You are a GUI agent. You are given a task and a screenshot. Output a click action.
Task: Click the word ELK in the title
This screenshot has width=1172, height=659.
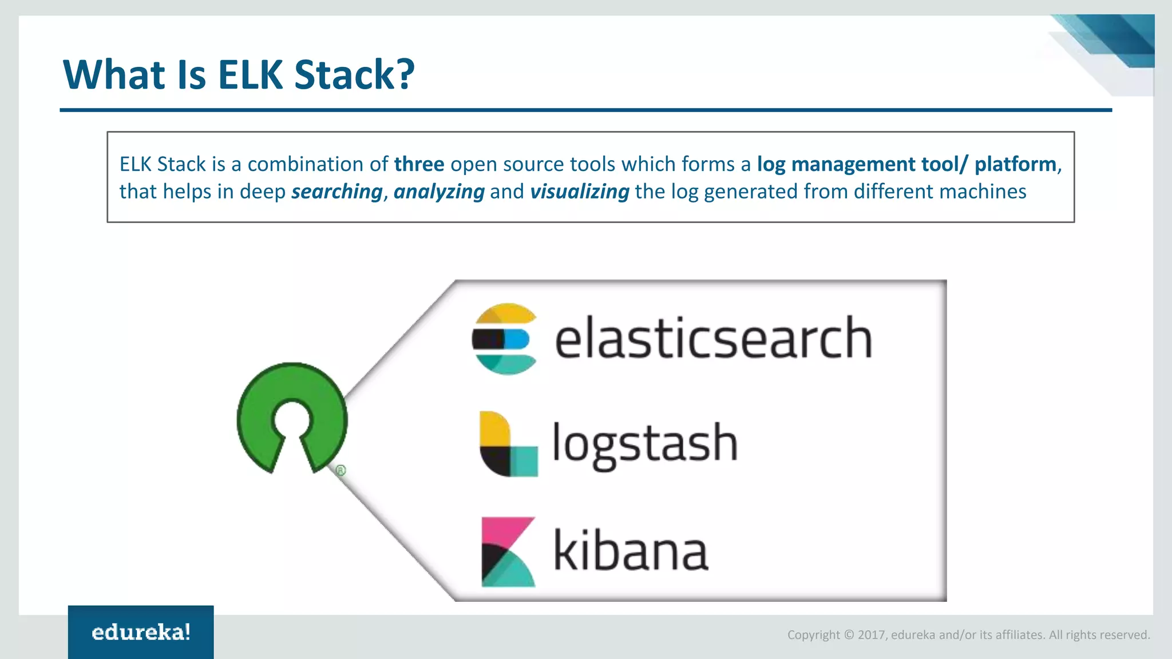point(250,75)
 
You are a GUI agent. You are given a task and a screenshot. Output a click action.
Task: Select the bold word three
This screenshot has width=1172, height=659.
point(419,164)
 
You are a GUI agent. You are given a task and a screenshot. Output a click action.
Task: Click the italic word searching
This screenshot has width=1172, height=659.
point(336,192)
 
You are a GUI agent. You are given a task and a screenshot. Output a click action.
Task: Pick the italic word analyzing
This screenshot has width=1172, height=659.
point(439,192)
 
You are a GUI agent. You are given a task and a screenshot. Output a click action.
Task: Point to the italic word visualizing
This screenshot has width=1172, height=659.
point(579,192)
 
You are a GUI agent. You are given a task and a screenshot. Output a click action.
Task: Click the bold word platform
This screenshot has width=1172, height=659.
point(1015,164)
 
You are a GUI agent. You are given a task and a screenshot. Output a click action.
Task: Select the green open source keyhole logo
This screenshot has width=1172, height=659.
point(292,418)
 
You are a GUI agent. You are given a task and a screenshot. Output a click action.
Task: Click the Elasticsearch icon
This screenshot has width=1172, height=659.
point(505,339)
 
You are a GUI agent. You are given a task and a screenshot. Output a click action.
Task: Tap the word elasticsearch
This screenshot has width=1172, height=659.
point(713,339)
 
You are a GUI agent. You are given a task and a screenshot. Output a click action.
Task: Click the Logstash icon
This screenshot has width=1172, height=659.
point(508,444)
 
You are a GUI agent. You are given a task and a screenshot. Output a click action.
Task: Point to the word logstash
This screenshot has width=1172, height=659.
point(644,444)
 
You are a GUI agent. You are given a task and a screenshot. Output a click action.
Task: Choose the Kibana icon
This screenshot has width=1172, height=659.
point(508,552)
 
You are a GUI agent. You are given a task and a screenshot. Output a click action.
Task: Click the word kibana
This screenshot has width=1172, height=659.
point(631,551)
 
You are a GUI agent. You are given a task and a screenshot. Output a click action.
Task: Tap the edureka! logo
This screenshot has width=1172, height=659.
point(141,632)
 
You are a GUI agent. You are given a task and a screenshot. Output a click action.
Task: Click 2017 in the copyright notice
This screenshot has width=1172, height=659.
point(870,635)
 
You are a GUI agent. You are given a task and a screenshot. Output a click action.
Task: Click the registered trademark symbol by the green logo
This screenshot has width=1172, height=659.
point(340,470)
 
